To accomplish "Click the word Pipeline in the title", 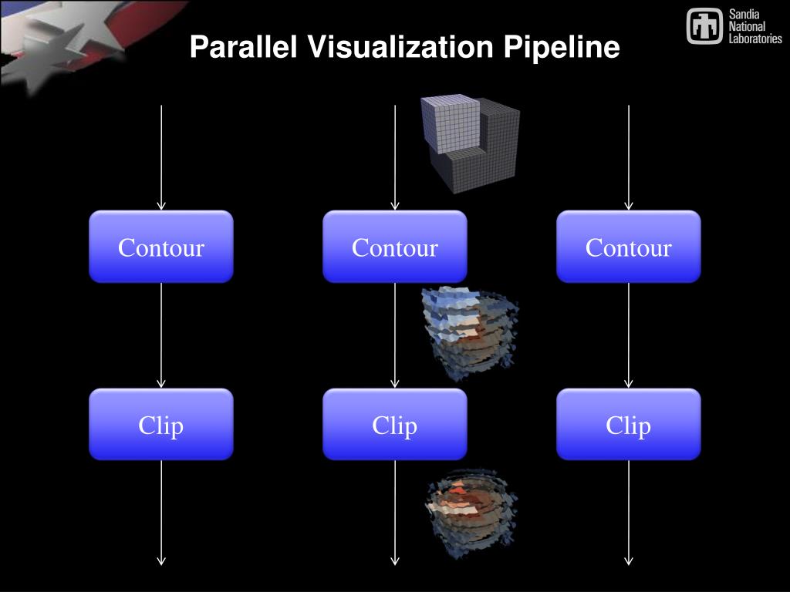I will tap(562, 48).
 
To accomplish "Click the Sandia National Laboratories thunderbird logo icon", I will tap(704, 26).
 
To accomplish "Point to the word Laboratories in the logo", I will tap(755, 39).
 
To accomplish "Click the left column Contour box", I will tap(160, 247).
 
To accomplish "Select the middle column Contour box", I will tap(394, 247).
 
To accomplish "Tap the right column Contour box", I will tap(628, 247).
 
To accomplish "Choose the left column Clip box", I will tap(160, 425).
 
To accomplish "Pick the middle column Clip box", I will tap(394, 425).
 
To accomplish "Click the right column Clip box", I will tap(628, 425).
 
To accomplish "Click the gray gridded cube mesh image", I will tap(469, 143).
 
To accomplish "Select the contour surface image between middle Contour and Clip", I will tap(469, 333).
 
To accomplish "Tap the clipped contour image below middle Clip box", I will tap(471, 512).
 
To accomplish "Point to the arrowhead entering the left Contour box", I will tap(161, 205).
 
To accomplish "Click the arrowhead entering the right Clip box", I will tap(629, 383).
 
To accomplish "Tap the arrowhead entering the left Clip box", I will tap(161, 383).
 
